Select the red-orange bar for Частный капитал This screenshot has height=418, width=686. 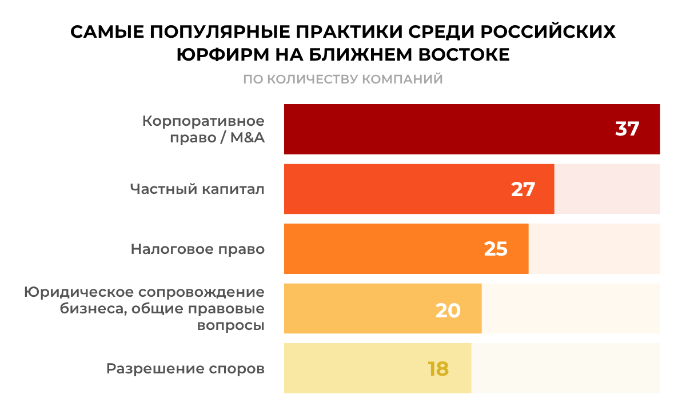tap(400, 189)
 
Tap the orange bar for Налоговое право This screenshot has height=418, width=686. tap(389, 248)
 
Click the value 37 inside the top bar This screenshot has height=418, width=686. tap(627, 129)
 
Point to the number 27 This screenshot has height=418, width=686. tap(523, 189)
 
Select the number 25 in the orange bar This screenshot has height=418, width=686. tap(496, 249)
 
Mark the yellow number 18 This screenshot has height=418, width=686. tap(438, 368)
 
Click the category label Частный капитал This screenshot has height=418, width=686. tap(197, 189)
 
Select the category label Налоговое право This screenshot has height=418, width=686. tap(198, 249)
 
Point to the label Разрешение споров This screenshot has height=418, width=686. tap(185, 369)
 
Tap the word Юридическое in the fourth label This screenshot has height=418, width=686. tap(80, 292)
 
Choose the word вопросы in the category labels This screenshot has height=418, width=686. tap(230, 325)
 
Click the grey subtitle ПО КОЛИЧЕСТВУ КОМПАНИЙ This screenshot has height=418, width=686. tap(343, 79)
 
